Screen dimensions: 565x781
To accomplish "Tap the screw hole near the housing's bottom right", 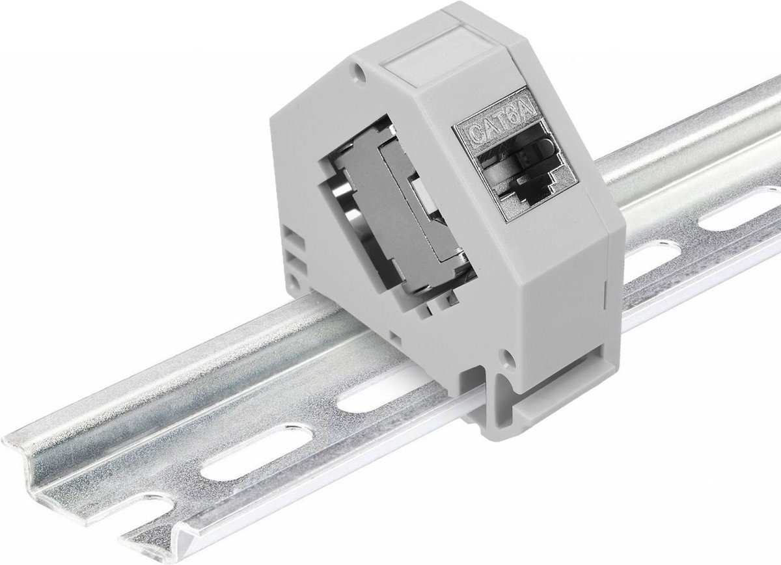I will tap(506, 356).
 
